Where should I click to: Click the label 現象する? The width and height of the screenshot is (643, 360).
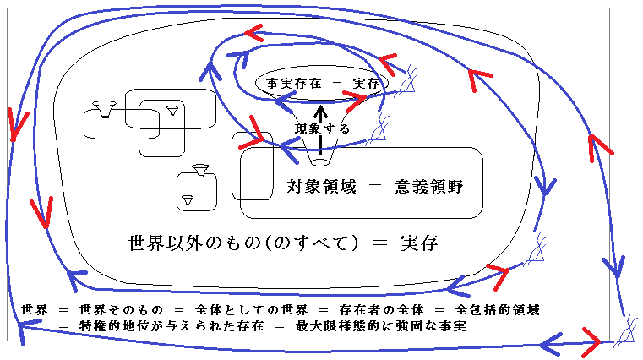322,128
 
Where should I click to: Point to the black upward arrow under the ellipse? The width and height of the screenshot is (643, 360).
320,113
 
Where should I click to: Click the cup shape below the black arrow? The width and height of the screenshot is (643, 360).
320,159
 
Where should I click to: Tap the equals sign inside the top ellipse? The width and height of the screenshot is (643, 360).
336,84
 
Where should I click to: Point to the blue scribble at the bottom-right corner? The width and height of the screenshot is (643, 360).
626,330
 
